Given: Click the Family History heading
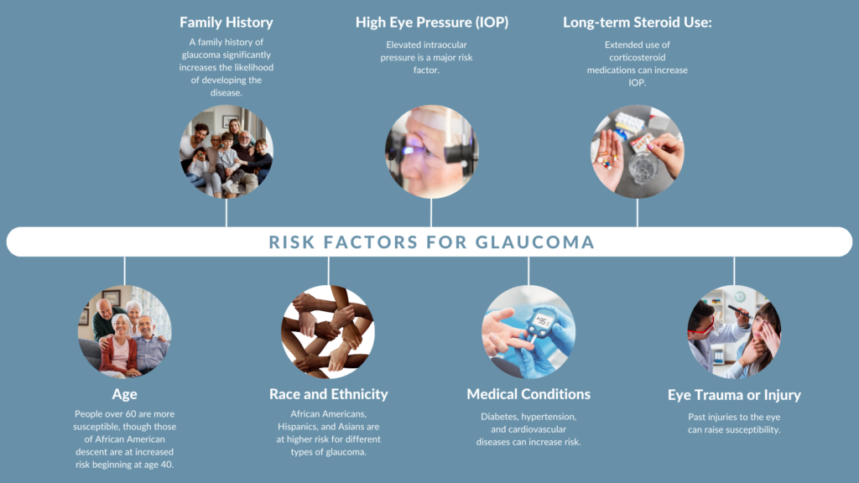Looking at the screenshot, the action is click(226, 23).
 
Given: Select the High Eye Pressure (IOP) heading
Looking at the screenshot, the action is click(432, 23).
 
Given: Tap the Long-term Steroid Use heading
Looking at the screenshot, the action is click(638, 23).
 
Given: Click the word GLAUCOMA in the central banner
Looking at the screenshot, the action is click(534, 242).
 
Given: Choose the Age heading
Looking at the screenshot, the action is click(124, 394).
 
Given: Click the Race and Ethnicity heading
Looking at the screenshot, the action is click(328, 394).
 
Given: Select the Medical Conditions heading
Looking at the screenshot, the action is click(528, 394).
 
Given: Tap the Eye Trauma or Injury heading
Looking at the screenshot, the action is click(734, 395).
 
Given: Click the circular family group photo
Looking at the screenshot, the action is click(226, 152).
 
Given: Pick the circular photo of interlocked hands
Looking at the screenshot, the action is click(328, 332).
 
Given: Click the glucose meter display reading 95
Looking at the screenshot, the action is click(543, 321).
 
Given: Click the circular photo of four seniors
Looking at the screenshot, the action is click(124, 332).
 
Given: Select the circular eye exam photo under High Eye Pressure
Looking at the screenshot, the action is click(432, 152).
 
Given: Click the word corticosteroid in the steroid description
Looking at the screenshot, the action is click(638, 58).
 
